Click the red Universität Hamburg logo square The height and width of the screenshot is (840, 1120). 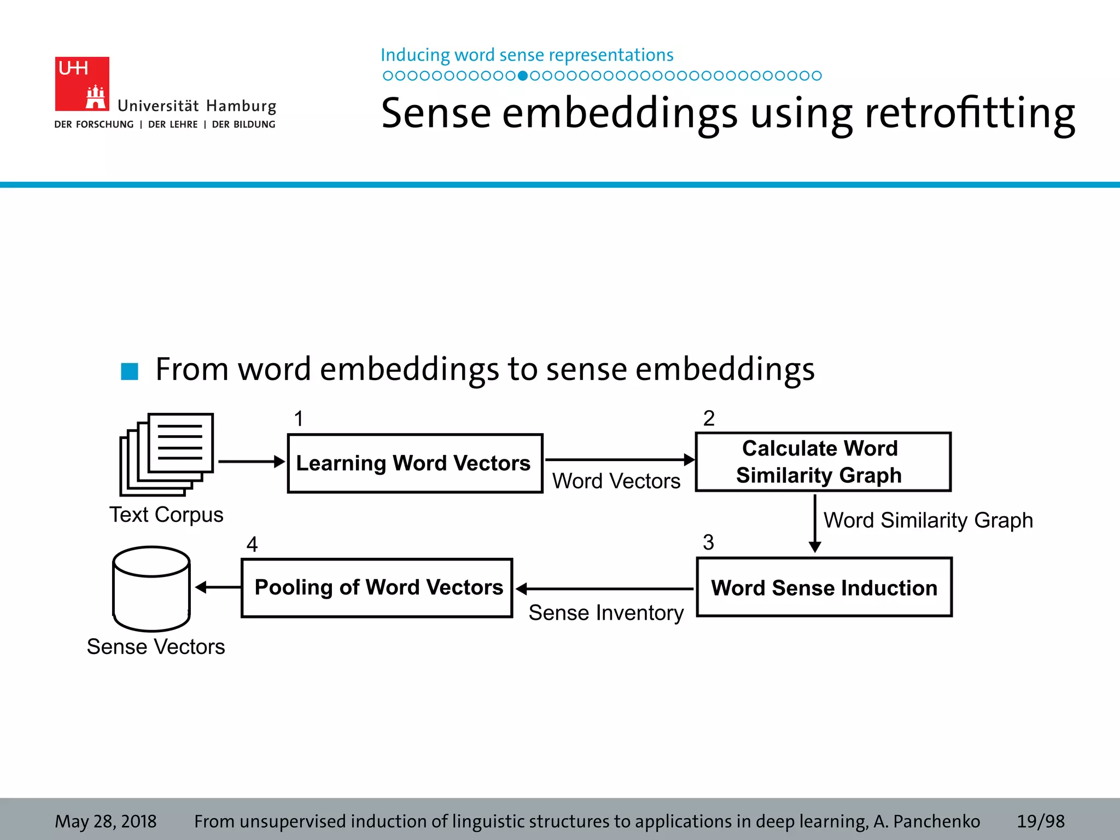click(x=82, y=84)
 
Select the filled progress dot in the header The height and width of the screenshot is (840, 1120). click(x=523, y=76)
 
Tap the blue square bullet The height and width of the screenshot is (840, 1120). click(x=130, y=371)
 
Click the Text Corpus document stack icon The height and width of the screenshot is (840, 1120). click(x=166, y=454)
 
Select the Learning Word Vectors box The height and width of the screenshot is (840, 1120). click(x=415, y=463)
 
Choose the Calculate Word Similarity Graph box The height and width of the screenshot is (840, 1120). click(x=823, y=462)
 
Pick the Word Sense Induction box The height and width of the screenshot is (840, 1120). click(x=824, y=587)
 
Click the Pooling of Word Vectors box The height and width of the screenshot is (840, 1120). click(x=377, y=588)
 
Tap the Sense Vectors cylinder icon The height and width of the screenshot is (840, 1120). click(x=151, y=588)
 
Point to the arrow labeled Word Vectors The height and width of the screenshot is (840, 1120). click(x=619, y=460)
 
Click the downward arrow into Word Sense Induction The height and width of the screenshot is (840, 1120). click(x=815, y=523)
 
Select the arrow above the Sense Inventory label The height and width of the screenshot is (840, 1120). click(x=605, y=589)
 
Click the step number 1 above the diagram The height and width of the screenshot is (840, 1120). click(x=299, y=419)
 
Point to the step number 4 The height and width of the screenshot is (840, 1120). click(x=252, y=544)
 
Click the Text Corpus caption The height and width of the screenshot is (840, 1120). click(x=166, y=515)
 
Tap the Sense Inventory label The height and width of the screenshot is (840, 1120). click(x=606, y=613)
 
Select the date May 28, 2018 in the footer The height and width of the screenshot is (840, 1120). click(x=106, y=821)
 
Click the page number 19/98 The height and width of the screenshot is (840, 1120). click(x=1040, y=821)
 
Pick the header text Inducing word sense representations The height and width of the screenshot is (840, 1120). click(x=527, y=55)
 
